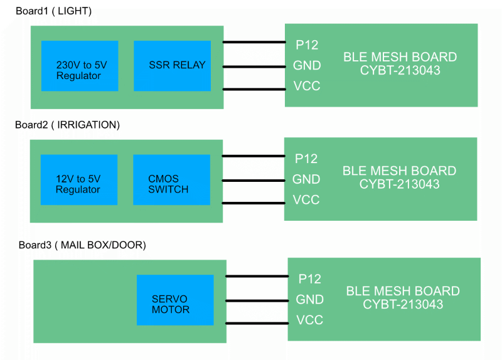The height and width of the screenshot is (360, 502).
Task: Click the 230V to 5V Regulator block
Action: point(79,66)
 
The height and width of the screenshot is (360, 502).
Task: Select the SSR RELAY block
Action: point(172,66)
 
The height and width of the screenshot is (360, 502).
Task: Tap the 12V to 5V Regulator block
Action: point(78,180)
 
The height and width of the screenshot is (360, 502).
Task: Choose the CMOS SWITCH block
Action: point(171,180)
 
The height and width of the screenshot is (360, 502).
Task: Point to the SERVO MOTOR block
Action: point(175,300)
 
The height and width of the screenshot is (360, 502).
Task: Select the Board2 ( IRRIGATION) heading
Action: point(67,125)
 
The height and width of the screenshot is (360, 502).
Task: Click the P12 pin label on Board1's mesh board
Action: point(307,45)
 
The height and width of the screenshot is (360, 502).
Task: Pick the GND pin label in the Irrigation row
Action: point(306,179)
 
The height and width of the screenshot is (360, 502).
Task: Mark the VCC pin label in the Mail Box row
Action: point(309,320)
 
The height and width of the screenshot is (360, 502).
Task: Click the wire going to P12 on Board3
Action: point(257,276)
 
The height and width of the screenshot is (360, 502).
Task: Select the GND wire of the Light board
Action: point(254,66)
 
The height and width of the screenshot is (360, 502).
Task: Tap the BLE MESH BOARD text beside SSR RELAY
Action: point(400,57)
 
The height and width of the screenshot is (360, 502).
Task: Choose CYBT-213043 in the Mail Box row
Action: point(403,304)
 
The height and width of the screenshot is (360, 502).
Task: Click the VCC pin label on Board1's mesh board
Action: point(307,86)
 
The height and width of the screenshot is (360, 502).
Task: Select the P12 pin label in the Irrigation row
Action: point(306,159)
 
